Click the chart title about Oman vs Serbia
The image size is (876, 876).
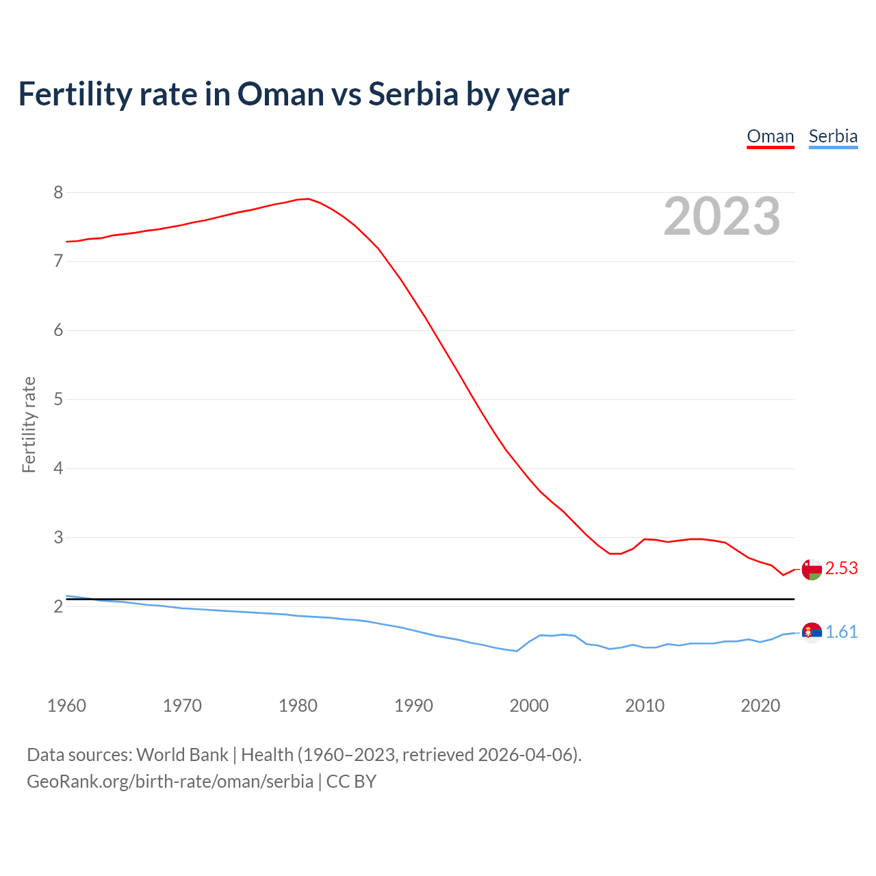tap(293, 94)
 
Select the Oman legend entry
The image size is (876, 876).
tap(770, 136)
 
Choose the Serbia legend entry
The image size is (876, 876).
tap(833, 136)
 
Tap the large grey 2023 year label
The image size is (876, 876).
tap(722, 216)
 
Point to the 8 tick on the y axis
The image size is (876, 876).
tap(58, 192)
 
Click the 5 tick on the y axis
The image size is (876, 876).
tap(58, 399)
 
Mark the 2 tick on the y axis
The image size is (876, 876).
tap(58, 606)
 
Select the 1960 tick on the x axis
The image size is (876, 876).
tap(66, 706)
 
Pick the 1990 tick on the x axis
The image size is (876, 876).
tap(413, 706)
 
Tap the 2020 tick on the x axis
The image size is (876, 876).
tap(760, 706)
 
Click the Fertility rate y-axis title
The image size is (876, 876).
tap(29, 424)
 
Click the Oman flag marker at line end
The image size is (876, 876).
tap(812, 569)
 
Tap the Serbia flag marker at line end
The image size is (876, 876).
tap(812, 632)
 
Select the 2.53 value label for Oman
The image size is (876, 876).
tap(841, 569)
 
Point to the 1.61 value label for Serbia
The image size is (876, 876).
tap(841, 632)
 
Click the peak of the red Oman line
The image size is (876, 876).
tap(309, 198)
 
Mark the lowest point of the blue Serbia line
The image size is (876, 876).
tap(517, 651)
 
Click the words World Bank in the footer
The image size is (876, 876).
tap(182, 755)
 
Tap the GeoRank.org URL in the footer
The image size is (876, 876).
tap(170, 782)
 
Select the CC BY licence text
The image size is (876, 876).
tap(351, 782)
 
